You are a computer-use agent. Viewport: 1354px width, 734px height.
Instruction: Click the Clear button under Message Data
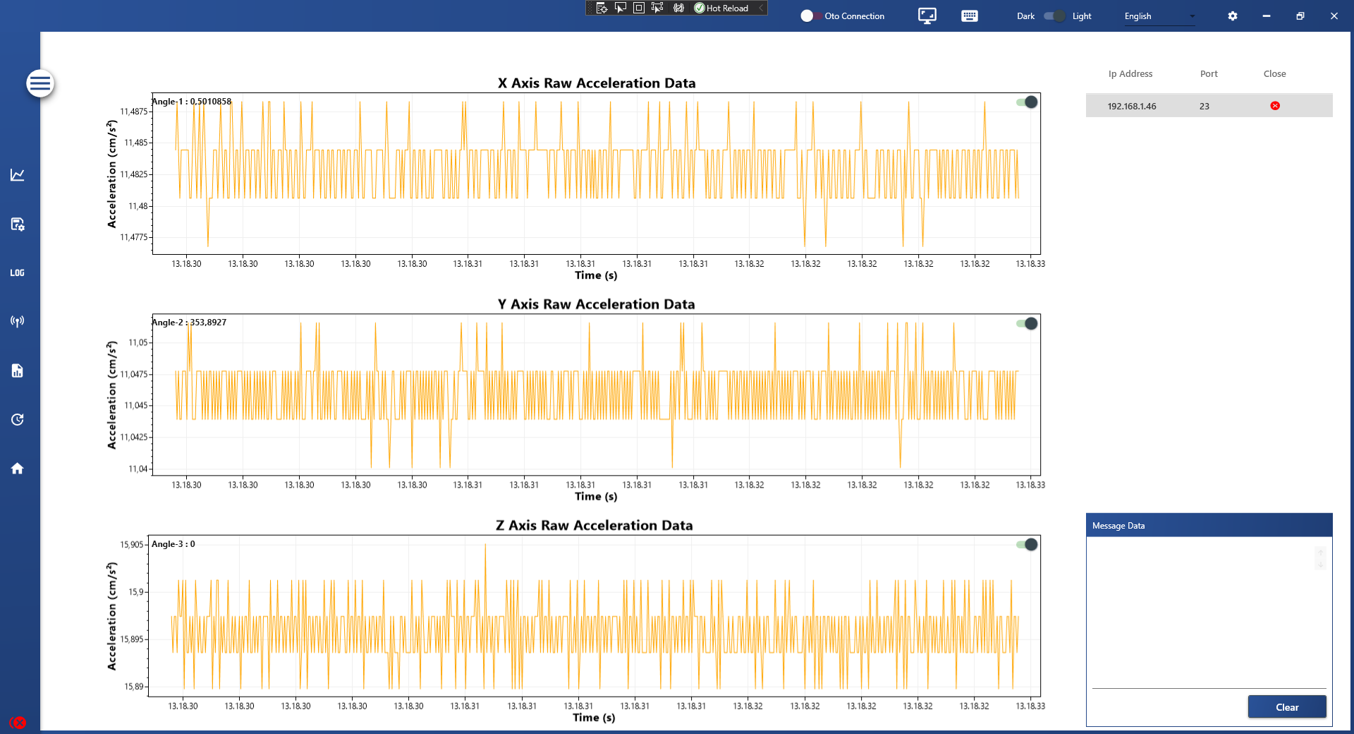pyautogui.click(x=1286, y=706)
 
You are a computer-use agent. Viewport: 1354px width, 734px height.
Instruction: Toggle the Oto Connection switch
pyautogui.click(x=808, y=16)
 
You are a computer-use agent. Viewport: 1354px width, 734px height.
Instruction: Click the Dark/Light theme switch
pyautogui.click(x=1054, y=16)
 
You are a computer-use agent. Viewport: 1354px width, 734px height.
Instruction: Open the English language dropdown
pyautogui.click(x=1159, y=16)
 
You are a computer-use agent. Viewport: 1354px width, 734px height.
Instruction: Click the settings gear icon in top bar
pyautogui.click(x=1232, y=16)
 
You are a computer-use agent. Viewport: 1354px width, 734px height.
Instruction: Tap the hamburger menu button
pyautogui.click(x=40, y=84)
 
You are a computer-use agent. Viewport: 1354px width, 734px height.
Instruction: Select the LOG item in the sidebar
pyautogui.click(x=18, y=272)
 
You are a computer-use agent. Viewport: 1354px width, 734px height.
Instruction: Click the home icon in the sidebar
pyautogui.click(x=18, y=469)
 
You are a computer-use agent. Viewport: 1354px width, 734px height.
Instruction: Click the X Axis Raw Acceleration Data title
pyautogui.click(x=596, y=83)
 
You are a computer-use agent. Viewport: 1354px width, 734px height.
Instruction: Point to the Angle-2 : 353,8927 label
pyautogui.click(x=189, y=323)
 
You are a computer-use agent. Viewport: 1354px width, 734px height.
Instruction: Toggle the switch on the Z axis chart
pyautogui.click(x=1027, y=544)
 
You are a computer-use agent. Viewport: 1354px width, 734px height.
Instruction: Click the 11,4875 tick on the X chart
pyautogui.click(x=134, y=112)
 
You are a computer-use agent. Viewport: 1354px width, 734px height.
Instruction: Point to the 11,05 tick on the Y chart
pyautogui.click(x=138, y=342)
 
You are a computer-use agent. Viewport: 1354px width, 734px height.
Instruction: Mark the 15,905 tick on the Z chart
pyautogui.click(x=132, y=544)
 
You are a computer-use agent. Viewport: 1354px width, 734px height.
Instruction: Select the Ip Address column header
pyautogui.click(x=1130, y=73)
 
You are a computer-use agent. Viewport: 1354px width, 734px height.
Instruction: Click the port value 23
pyautogui.click(x=1204, y=106)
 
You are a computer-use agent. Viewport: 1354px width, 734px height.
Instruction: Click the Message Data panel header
pyautogui.click(x=1209, y=525)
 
